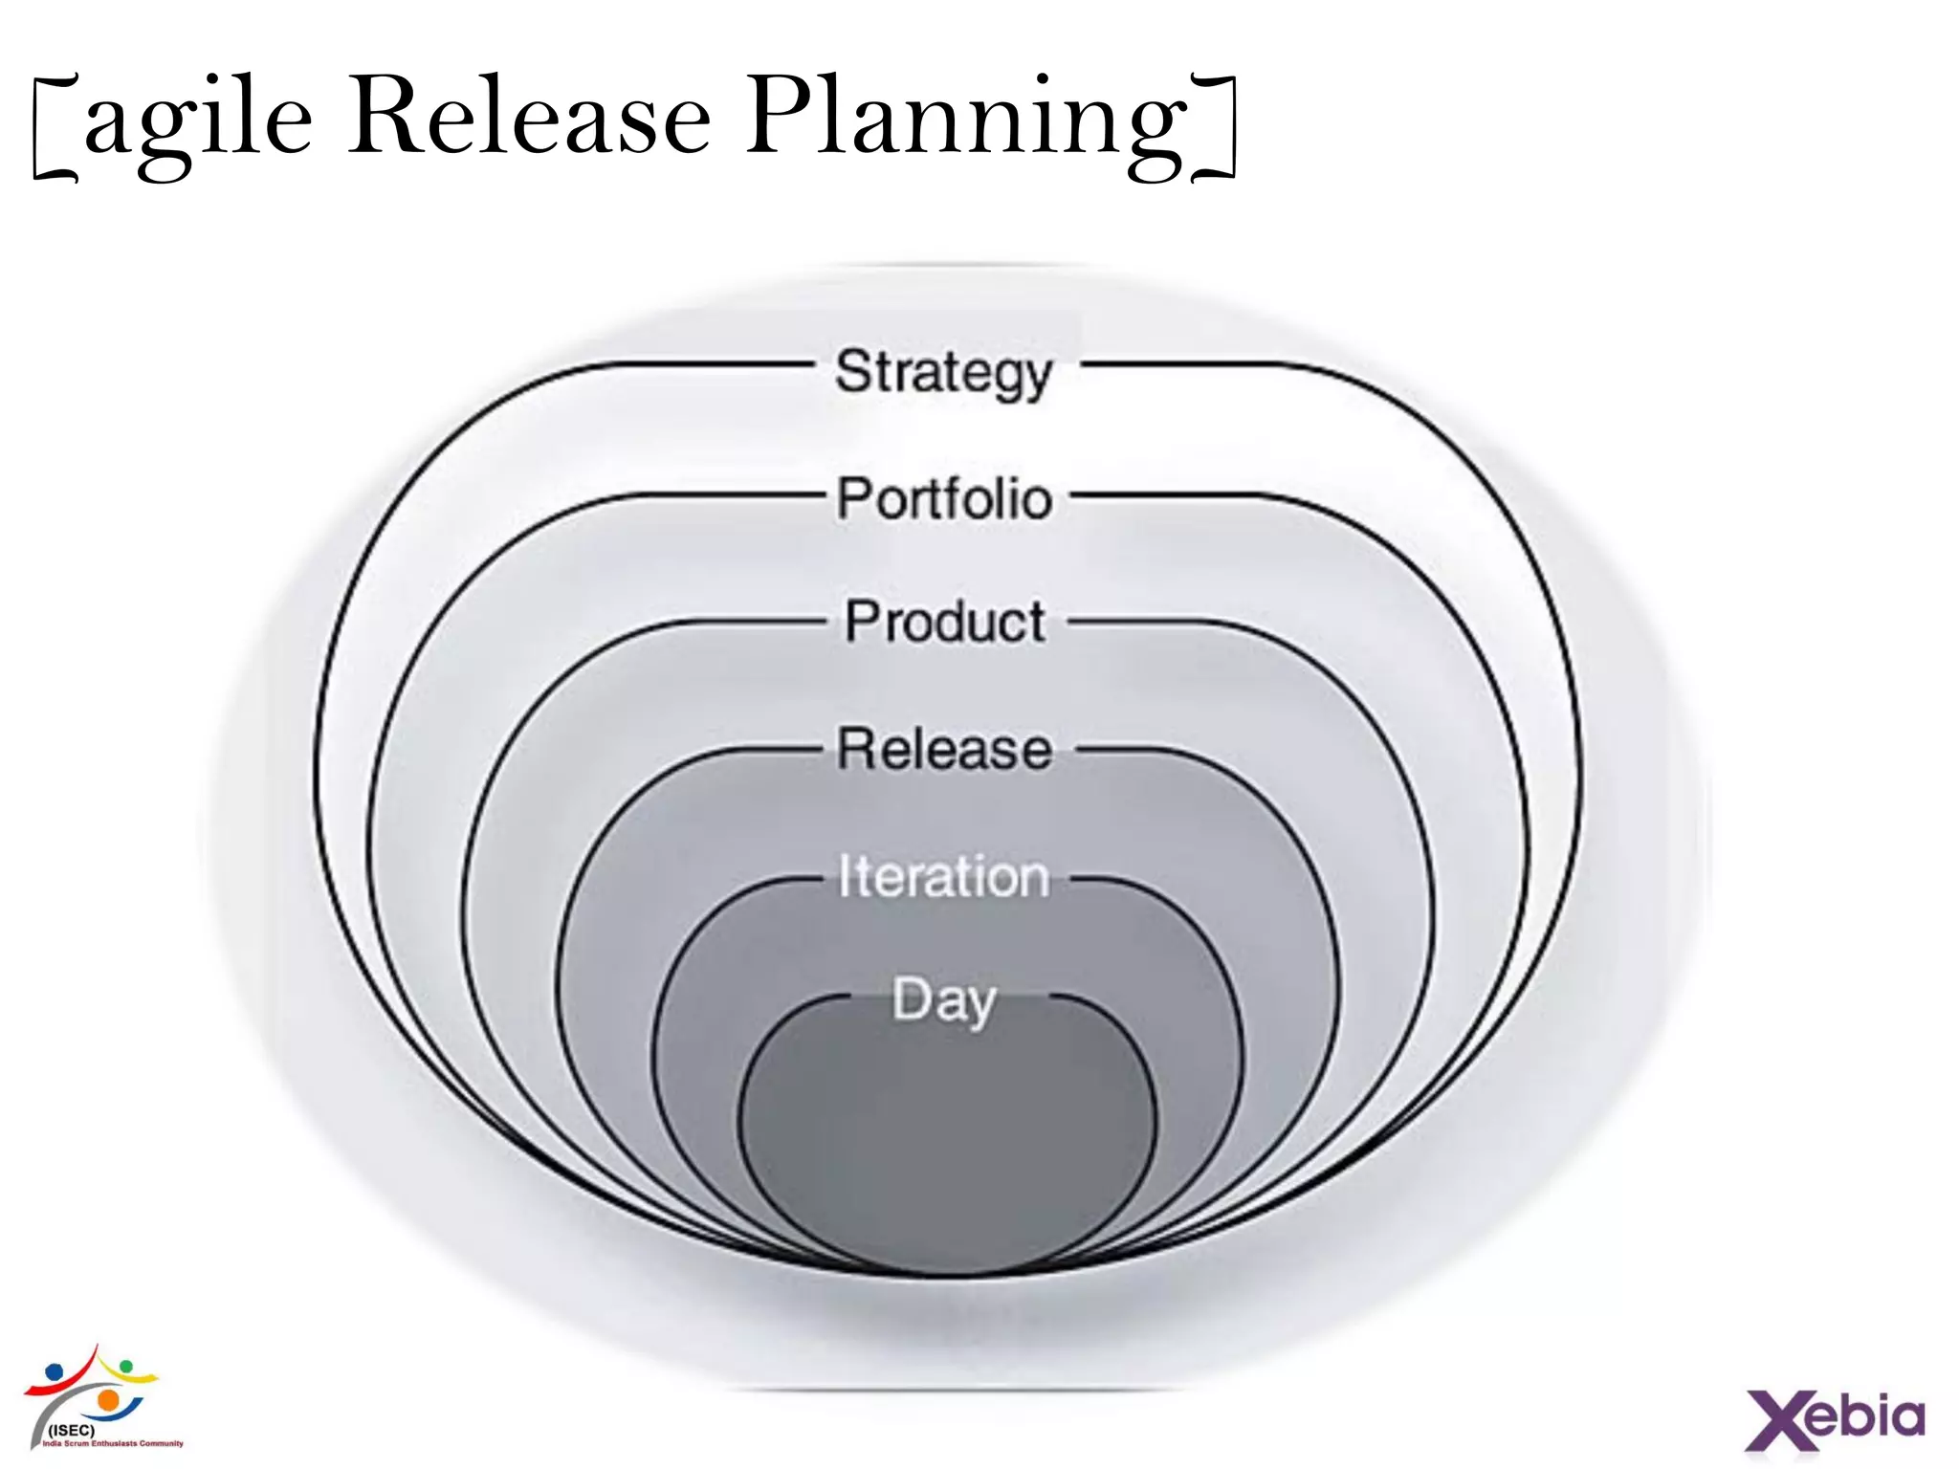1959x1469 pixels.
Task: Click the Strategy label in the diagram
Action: [943, 372]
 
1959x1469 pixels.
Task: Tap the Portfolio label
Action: [944, 498]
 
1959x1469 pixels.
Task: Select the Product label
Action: [944, 622]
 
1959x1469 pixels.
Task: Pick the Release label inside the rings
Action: [944, 749]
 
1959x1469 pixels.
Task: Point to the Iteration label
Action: [943, 876]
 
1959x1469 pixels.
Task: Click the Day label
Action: [944, 1000]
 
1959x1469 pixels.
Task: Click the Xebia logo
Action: [1835, 1419]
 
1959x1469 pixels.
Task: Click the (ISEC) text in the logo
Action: [72, 1430]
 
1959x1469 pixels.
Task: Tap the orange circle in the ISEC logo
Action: [109, 1401]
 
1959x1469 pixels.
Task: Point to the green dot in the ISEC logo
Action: [125, 1365]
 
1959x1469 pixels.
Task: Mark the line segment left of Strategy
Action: [708, 364]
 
